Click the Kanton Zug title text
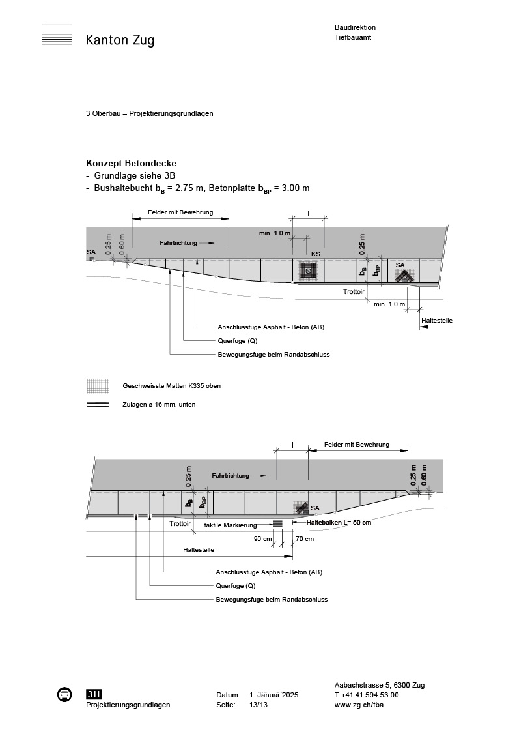(120, 40)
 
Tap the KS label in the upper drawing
(315, 254)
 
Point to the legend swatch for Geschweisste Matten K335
(97, 386)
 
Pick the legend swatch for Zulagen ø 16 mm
(97, 404)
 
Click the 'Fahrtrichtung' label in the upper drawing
(178, 242)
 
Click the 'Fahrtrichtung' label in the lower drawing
(230, 476)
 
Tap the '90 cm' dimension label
(262, 539)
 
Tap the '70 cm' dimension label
(304, 539)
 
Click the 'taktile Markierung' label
(229, 524)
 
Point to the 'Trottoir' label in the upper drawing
(354, 292)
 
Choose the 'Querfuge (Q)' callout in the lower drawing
(236, 585)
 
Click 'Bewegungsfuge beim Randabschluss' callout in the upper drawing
(273, 355)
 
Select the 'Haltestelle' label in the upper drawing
(437, 321)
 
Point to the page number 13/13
(258, 705)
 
